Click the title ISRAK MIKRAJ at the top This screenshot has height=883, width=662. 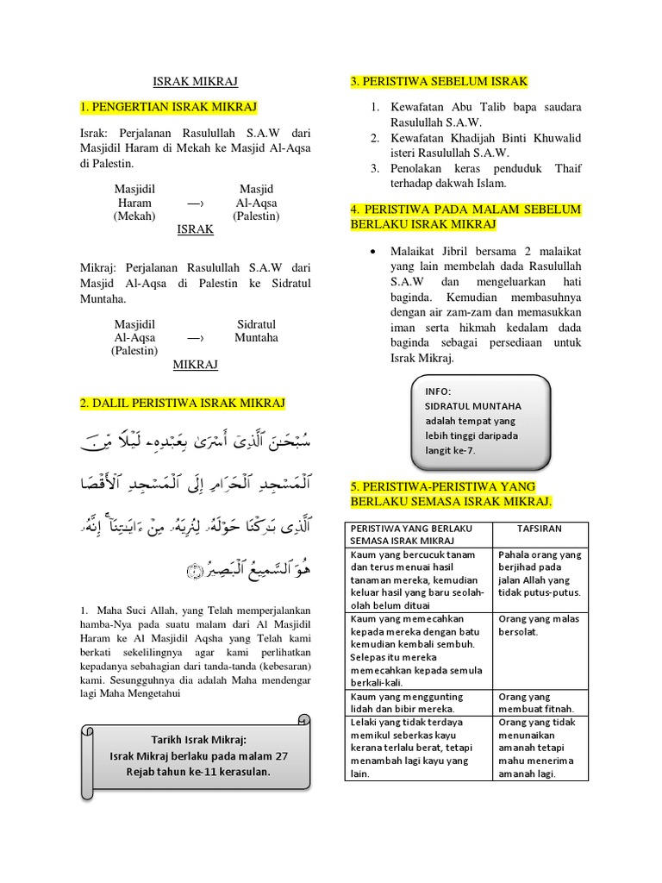(195, 81)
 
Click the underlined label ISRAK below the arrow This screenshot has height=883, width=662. (195, 230)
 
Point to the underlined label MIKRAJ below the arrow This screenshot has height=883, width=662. (195, 365)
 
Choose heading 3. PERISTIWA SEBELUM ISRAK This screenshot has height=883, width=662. (439, 82)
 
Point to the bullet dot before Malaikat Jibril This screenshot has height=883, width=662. (371, 251)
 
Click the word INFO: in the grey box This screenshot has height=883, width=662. (438, 391)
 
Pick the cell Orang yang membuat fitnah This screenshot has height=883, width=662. (540, 702)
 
